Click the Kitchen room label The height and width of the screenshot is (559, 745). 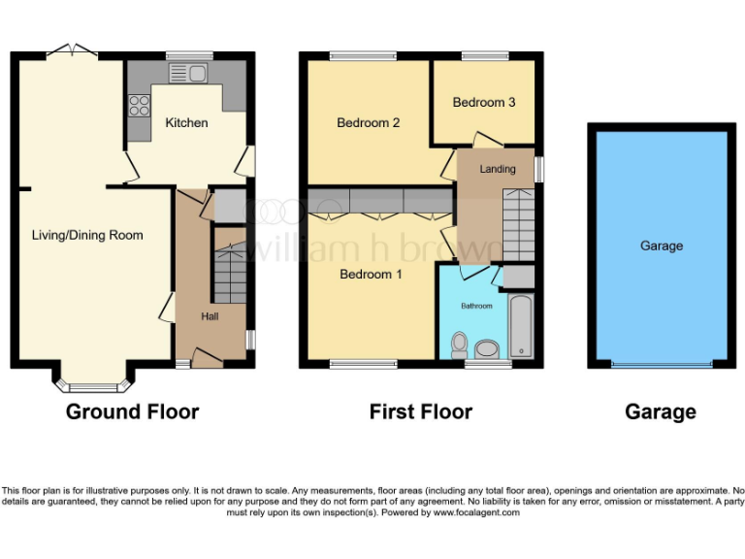(x=186, y=122)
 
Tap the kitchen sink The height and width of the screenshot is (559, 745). (x=188, y=73)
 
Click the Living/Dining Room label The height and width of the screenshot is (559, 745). (x=87, y=235)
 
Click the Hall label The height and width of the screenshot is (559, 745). (x=210, y=317)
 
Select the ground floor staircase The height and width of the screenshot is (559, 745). (x=230, y=275)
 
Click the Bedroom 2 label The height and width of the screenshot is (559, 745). (x=369, y=122)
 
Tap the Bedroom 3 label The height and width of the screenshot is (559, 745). (x=483, y=102)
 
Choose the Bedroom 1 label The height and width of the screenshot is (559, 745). (x=371, y=275)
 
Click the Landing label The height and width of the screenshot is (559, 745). (x=498, y=169)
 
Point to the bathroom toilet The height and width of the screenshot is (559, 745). (x=460, y=345)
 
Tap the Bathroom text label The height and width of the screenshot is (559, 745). (x=476, y=306)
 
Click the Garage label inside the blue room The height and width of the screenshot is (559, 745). (x=662, y=246)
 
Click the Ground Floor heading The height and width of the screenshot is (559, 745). (x=132, y=411)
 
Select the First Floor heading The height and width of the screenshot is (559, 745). (x=421, y=411)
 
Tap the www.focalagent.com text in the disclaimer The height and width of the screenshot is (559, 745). (x=475, y=512)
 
